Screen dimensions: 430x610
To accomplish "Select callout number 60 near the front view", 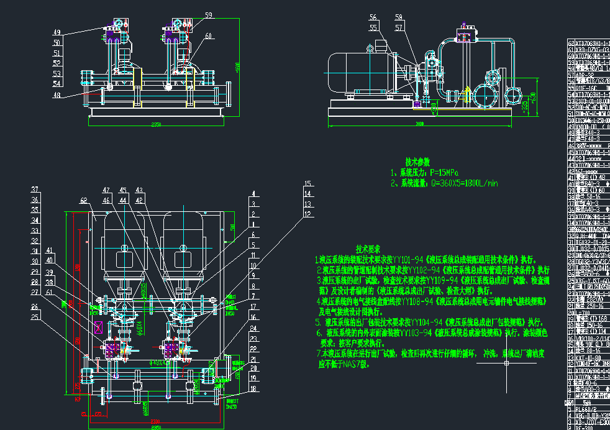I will (208, 35).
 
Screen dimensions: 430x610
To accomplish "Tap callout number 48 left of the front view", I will (57, 96).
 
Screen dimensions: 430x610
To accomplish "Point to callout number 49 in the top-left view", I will (57, 32).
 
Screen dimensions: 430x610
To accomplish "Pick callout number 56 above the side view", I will (373, 17).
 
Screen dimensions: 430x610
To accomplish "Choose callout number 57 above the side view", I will (398, 28).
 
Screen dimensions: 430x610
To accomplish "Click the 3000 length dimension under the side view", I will (420, 124).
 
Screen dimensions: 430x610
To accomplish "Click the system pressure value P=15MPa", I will (435, 173).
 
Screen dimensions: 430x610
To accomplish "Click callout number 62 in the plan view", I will (84, 200).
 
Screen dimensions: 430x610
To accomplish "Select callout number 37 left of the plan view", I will (35, 190).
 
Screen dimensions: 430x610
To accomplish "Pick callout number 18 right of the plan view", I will (253, 389).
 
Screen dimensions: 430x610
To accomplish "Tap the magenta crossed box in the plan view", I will (98, 327).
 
